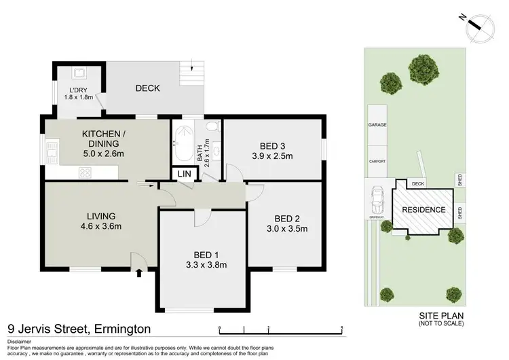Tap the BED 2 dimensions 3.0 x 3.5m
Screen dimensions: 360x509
coord(283,229)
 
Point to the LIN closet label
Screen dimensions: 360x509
coord(185,175)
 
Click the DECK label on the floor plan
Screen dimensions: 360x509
coord(147,88)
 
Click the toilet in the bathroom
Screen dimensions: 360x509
coord(210,126)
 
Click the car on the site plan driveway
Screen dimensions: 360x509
coord(377,201)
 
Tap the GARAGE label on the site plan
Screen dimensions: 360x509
coord(377,126)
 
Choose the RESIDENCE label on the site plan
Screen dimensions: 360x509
coord(425,210)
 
